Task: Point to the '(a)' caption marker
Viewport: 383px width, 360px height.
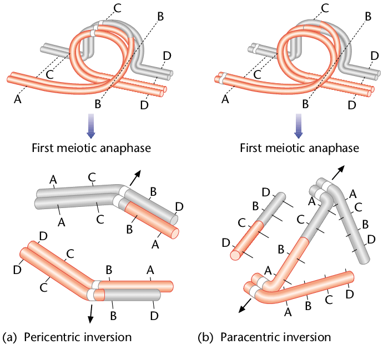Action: (9, 337)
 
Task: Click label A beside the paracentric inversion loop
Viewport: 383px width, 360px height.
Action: (225, 99)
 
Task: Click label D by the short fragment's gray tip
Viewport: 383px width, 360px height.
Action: (266, 192)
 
